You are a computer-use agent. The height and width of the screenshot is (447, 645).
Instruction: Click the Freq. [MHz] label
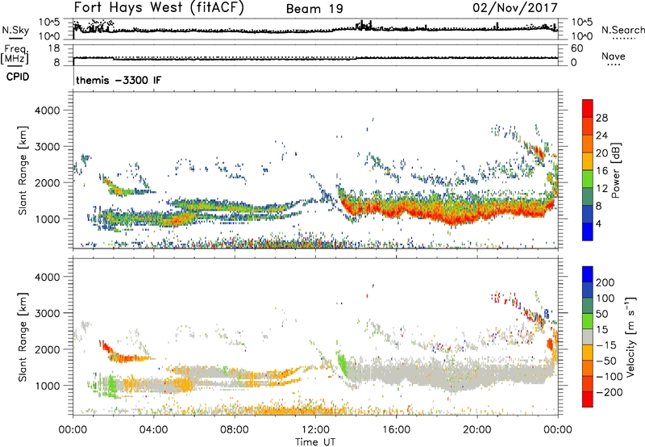(x=14, y=54)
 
